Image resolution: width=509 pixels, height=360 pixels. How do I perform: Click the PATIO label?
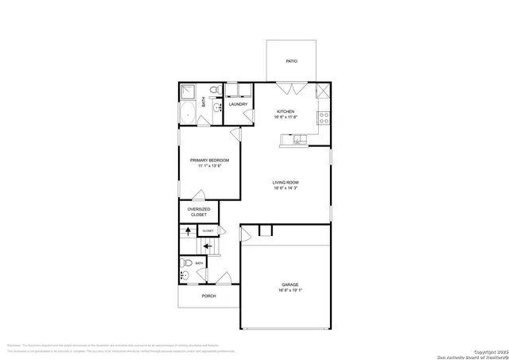pos(292,61)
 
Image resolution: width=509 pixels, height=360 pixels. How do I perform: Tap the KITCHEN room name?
pos(286,111)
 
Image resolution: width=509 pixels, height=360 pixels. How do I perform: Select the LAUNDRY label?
pos(238,104)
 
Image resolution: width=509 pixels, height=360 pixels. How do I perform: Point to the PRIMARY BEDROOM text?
pos(209,161)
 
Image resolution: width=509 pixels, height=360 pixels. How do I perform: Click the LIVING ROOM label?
pos(285,183)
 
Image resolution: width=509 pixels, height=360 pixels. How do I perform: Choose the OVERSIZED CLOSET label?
pos(198,211)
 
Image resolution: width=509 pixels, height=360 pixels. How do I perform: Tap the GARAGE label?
pos(289,285)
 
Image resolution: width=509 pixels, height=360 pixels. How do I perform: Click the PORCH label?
pos(208,296)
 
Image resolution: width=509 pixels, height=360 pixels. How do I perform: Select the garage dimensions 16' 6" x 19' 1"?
pos(289,291)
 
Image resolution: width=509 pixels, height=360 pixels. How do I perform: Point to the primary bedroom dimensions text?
pos(209,167)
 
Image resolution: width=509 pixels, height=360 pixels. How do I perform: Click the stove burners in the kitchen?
pos(324,117)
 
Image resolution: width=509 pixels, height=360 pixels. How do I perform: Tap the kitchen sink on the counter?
pos(298,140)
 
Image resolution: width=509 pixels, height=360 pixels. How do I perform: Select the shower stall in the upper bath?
pos(189,91)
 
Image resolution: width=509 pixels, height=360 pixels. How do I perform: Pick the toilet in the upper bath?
pos(216,91)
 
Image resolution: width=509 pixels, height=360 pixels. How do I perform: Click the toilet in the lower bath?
pos(186,262)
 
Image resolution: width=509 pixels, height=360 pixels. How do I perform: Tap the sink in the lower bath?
pos(184,277)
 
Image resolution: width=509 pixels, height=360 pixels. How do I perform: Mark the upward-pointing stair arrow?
pos(188,231)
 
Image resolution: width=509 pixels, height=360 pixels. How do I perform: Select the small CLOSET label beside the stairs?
pos(208,230)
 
